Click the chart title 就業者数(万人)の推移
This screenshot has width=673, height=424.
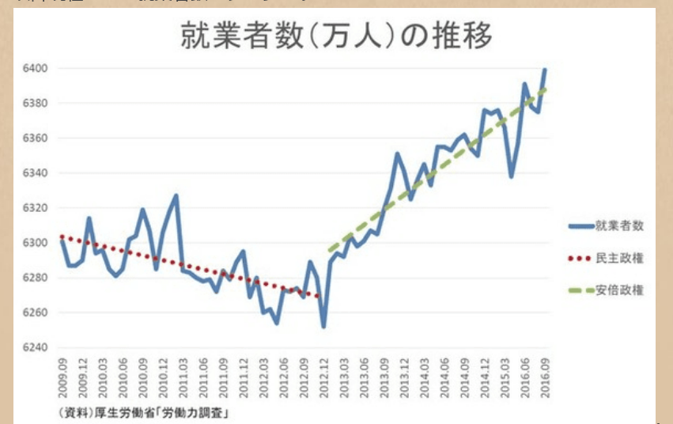pyautogui.click(x=336, y=37)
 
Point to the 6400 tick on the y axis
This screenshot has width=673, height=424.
pyautogui.click(x=37, y=69)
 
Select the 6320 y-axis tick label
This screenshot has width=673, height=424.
pyautogui.click(x=37, y=208)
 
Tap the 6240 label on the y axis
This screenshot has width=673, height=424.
pyautogui.click(x=37, y=347)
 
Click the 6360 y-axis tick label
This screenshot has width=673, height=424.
pyautogui.click(x=37, y=138)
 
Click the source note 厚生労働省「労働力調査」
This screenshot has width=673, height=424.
pyautogui.click(x=143, y=412)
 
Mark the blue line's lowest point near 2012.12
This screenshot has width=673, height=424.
pyautogui.click(x=323, y=327)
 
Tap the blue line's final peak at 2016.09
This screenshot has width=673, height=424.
pyautogui.click(x=545, y=70)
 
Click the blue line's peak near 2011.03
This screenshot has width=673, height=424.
pyautogui.click(x=176, y=195)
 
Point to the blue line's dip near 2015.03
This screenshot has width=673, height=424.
pyautogui.click(x=511, y=176)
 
